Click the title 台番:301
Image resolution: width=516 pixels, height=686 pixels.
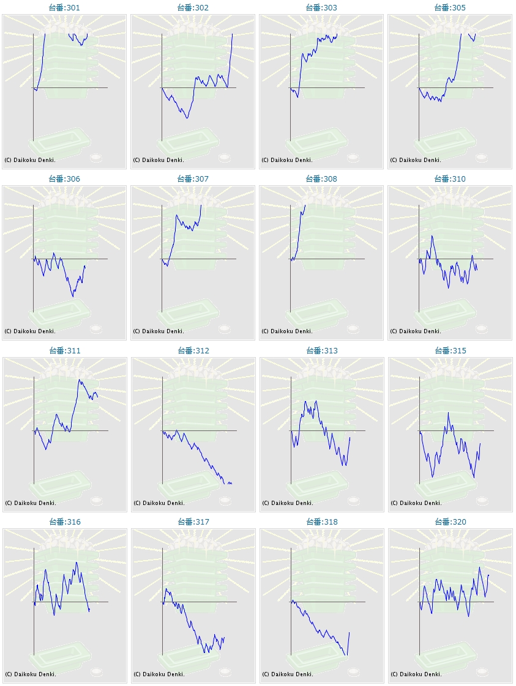coord(64,8)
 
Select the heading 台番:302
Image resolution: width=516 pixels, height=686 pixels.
coord(193,8)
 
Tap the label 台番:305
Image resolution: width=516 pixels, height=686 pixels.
coord(450,8)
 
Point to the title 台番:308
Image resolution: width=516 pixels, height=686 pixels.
coord(321,179)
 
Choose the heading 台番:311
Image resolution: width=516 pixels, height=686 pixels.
coord(64,351)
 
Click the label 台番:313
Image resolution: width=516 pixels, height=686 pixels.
coord(321,351)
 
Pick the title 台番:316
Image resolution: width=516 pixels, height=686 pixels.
coord(64,522)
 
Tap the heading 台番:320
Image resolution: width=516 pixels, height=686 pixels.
coord(450,522)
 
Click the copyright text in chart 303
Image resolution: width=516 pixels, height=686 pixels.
coord(287,160)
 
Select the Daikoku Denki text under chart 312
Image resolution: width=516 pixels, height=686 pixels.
coord(159,503)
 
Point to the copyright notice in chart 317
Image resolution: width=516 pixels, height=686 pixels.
coord(159,674)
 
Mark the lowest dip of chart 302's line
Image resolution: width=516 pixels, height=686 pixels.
coord(187,118)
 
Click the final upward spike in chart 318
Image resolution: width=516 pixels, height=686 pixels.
coord(349,633)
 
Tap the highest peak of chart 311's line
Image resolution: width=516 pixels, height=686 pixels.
coord(79,380)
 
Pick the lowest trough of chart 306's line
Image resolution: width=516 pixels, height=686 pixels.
coord(73,297)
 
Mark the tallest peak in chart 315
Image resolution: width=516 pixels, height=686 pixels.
coord(448,413)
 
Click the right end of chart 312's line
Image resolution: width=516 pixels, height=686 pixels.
coord(231,484)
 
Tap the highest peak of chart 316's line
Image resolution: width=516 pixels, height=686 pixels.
coord(77,562)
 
